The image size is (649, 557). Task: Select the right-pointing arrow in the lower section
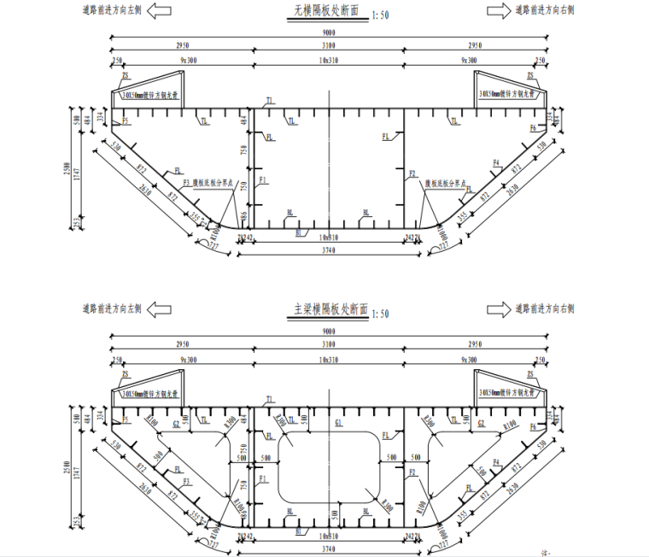pyautogui.click(x=500, y=308)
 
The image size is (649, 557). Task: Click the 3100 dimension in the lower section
pyautogui.click(x=329, y=343)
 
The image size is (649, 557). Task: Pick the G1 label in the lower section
pyautogui.click(x=339, y=424)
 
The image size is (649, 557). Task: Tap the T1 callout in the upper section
pyautogui.click(x=270, y=101)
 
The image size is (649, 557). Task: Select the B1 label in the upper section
pyautogui.click(x=299, y=232)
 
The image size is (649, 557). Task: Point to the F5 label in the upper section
pyautogui.click(x=126, y=122)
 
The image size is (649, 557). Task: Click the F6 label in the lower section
pyautogui.click(x=533, y=425)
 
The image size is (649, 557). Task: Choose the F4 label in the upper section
pyautogui.click(x=496, y=162)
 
